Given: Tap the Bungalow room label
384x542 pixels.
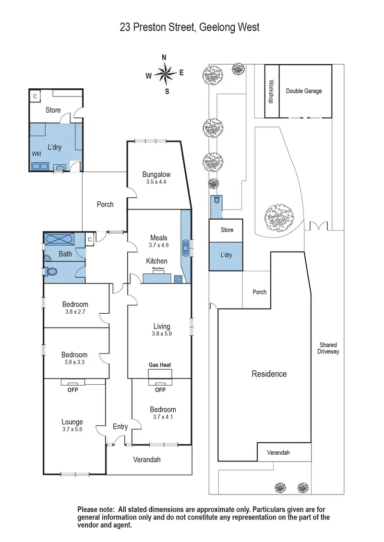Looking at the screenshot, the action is click(156, 175).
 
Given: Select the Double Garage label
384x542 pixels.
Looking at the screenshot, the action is click(304, 91).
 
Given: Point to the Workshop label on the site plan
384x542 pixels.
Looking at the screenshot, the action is click(271, 92).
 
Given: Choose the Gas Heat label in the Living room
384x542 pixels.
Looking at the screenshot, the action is click(159, 365).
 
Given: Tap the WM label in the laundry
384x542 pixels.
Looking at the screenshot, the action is click(36, 154).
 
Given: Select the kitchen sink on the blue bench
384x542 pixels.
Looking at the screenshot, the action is click(185, 248).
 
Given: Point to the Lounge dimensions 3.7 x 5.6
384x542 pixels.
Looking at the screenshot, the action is click(72, 430).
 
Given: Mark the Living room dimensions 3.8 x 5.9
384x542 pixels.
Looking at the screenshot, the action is click(161, 334).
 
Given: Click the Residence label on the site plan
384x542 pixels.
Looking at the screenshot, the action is click(269, 374).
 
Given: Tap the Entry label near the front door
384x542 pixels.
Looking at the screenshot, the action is click(120, 426).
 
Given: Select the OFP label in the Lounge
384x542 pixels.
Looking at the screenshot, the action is click(72, 389).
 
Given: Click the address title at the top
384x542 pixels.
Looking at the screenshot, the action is click(190, 27).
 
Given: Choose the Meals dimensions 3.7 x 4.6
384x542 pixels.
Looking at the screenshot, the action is click(158, 246).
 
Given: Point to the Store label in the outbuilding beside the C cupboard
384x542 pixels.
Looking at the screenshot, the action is click(53, 110).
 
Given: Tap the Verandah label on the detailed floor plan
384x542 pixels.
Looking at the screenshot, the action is click(146, 460).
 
